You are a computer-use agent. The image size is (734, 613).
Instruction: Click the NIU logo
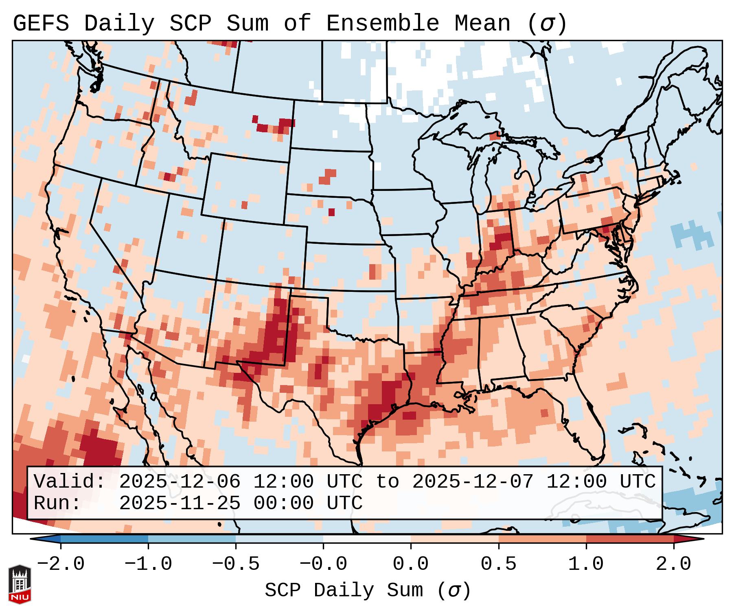point(20,585)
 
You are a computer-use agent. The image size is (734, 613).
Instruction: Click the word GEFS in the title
point(41,24)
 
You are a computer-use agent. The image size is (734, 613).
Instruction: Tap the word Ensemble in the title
point(382,24)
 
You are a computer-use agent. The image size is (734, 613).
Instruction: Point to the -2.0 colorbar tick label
point(61,564)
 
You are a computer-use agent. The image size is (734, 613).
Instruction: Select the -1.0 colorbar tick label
point(148,564)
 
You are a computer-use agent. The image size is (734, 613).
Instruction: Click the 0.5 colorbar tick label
point(498,564)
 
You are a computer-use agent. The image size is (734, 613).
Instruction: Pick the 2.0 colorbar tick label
point(673,564)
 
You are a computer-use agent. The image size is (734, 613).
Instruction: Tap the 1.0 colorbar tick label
point(586,564)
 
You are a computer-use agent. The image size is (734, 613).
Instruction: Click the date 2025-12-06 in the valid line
point(180,482)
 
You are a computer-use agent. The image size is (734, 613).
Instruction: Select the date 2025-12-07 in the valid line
point(473,482)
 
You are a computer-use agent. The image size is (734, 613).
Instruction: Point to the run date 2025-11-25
point(180,504)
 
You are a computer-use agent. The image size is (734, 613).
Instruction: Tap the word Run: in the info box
point(57,504)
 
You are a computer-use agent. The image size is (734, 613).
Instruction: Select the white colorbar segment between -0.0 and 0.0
point(367,539)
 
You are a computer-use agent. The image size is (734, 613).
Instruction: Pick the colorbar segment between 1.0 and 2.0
point(630,539)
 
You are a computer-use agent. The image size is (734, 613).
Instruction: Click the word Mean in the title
point(482,24)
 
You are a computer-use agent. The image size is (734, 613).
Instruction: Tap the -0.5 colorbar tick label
point(236,564)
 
